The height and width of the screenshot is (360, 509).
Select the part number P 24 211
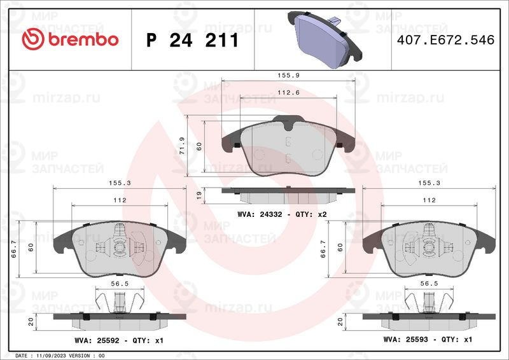tap(192, 40)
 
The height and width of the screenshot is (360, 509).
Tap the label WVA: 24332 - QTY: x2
tap(282, 215)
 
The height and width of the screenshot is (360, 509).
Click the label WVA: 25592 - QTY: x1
tap(119, 341)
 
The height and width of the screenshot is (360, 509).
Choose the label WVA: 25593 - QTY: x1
tap(428, 340)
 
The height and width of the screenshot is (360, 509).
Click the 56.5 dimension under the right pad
tap(428, 285)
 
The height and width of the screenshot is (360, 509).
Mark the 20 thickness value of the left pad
tap(30, 322)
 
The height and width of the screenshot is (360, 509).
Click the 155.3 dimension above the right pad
tap(428, 182)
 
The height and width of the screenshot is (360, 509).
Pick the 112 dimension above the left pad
tap(119, 200)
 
